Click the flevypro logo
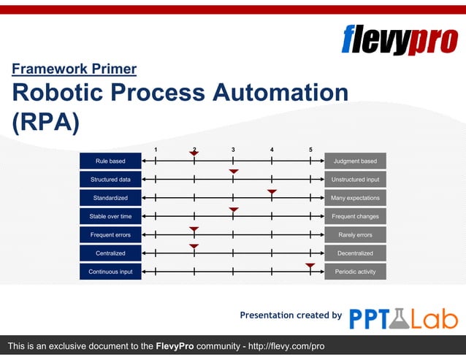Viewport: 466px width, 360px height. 399,39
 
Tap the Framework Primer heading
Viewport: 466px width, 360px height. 74,69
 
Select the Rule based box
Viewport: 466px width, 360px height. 110,161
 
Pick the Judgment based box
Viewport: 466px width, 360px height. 355,161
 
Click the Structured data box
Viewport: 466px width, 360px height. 110,180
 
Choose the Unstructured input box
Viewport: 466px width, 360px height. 355,180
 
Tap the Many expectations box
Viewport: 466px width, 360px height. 355,198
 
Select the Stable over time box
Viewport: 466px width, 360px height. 110,217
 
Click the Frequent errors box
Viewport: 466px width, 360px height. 110,235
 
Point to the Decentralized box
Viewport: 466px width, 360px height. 355,253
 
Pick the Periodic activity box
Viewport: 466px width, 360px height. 355,272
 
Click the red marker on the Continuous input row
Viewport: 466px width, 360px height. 310,266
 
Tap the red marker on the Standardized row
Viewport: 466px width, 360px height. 272,192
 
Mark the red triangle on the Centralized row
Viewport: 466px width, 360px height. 194,247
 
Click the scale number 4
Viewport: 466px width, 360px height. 272,150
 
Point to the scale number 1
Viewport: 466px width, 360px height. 156,150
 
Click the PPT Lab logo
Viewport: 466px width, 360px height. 403,318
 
